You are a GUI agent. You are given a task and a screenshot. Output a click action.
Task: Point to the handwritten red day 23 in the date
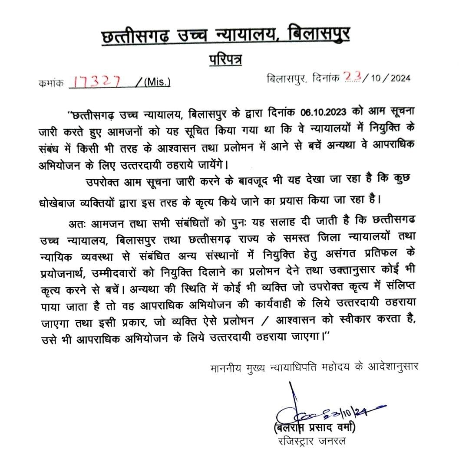click(353, 78)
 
